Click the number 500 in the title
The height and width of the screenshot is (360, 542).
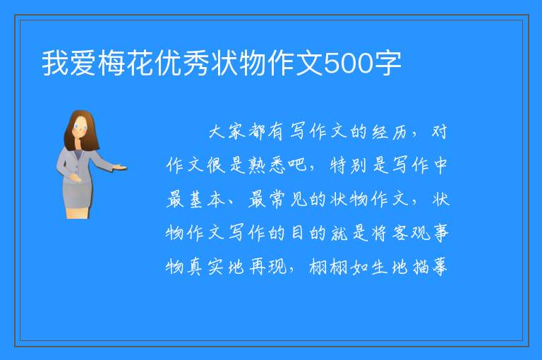(x=348, y=64)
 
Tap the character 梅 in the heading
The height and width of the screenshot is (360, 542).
(x=112, y=64)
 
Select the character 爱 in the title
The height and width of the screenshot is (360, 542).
(x=83, y=64)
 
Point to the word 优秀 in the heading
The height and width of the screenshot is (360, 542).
(x=182, y=64)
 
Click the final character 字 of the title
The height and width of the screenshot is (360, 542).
(x=387, y=64)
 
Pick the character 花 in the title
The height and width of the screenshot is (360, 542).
(x=140, y=64)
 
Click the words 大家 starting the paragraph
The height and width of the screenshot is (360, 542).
(x=227, y=132)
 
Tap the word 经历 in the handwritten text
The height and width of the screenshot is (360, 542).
(x=390, y=132)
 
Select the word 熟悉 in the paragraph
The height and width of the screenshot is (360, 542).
(x=267, y=165)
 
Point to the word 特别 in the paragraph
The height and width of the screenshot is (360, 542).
(x=348, y=165)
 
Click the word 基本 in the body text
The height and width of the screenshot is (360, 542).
(x=207, y=199)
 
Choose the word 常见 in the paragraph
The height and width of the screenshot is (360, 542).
(x=287, y=199)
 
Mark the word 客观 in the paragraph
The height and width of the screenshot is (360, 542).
(x=411, y=233)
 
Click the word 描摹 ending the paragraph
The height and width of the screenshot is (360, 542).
(x=430, y=267)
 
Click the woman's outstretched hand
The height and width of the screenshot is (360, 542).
(x=120, y=167)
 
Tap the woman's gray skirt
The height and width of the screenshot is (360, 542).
(x=77, y=196)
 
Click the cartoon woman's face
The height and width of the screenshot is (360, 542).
(x=80, y=127)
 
